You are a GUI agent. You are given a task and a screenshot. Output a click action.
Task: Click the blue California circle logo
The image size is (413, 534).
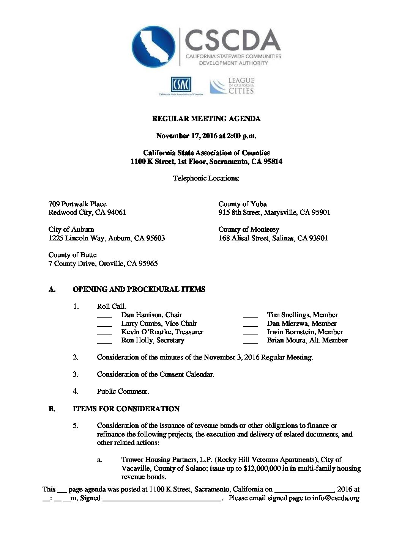pos(153,46)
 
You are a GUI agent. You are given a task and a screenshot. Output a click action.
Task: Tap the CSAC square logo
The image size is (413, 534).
pos(181,84)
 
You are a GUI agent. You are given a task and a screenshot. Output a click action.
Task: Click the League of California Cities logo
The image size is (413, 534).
pos(232,86)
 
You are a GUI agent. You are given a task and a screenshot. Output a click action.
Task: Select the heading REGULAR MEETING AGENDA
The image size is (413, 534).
pos(206,119)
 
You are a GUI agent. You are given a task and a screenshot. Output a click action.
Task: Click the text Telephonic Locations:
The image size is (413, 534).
pos(206,178)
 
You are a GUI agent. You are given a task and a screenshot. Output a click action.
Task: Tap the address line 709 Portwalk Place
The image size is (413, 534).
pos(77,204)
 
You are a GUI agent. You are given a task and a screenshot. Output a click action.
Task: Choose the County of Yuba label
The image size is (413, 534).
pos(243,204)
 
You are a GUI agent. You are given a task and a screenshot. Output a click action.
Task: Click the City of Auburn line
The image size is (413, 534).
pos(71,229)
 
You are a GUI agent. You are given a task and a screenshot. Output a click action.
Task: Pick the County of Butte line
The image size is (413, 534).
pos(73,255)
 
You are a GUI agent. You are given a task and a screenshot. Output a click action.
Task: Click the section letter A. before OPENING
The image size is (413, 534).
pos(52,289)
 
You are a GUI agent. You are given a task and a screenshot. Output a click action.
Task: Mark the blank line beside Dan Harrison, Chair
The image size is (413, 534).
pos(104,316)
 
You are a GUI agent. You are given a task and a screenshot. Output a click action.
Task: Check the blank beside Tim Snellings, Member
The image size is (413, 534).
pos(250,316)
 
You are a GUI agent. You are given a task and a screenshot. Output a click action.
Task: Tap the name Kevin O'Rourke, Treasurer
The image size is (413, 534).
pos(162,332)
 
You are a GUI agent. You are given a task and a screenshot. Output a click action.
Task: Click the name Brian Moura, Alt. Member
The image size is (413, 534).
pos(307,340)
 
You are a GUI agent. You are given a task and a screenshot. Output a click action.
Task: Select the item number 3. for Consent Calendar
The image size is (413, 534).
pos(76,374)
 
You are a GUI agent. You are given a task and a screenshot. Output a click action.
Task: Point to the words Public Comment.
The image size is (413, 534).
pos(123,391)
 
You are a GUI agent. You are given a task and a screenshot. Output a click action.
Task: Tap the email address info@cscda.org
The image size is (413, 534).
pos(336,498)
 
